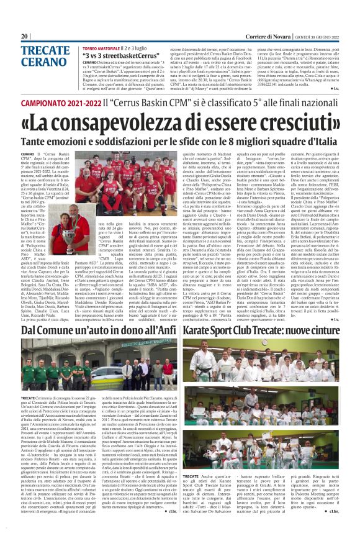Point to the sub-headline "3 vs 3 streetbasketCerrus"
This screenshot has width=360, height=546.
point(120,55)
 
